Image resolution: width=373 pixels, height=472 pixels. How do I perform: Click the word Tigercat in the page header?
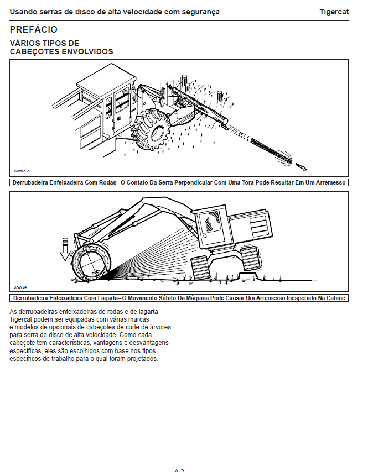[334, 12]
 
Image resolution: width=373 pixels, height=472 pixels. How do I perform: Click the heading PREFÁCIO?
[34, 29]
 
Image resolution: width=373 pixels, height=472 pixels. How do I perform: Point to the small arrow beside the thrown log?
[301, 166]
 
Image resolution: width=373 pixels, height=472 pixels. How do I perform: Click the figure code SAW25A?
[22, 172]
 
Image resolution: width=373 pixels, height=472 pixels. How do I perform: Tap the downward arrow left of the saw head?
[65, 249]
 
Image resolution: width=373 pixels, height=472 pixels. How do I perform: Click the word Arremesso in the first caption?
[329, 182]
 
